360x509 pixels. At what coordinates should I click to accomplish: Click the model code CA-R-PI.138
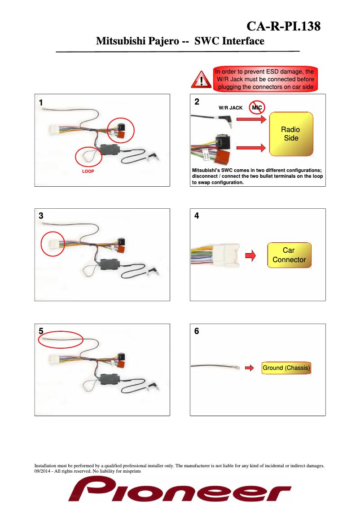pyautogui.click(x=284, y=26)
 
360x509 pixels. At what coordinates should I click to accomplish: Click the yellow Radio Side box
pyautogui.click(x=291, y=134)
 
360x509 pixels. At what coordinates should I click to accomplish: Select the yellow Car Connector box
pyautogui.click(x=289, y=255)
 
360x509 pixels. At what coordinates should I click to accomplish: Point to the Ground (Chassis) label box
pyautogui.click(x=286, y=368)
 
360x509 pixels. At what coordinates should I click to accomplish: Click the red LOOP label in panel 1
pyautogui.click(x=88, y=171)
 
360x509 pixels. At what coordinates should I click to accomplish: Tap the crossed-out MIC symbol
pyautogui.click(x=257, y=108)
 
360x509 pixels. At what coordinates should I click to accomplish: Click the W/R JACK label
pyautogui.click(x=230, y=108)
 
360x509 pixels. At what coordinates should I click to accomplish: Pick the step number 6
pyautogui.click(x=197, y=332)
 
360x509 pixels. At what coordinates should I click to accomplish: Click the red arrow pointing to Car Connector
pyautogui.click(x=250, y=256)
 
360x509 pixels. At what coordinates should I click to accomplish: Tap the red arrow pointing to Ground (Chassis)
pyautogui.click(x=250, y=368)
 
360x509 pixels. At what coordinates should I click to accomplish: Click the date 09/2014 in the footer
pyautogui.click(x=43, y=472)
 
